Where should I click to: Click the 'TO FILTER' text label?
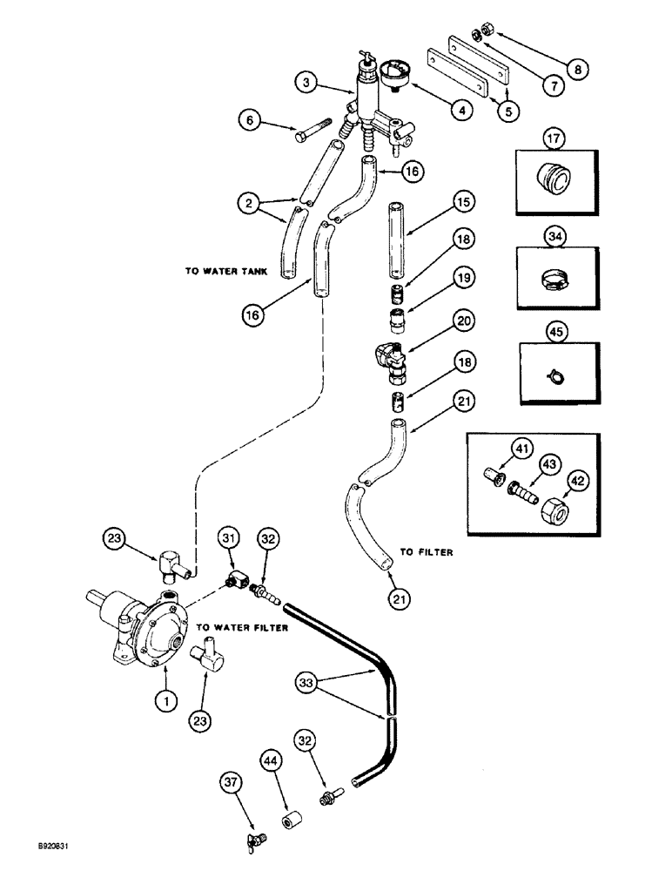tap(429, 551)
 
